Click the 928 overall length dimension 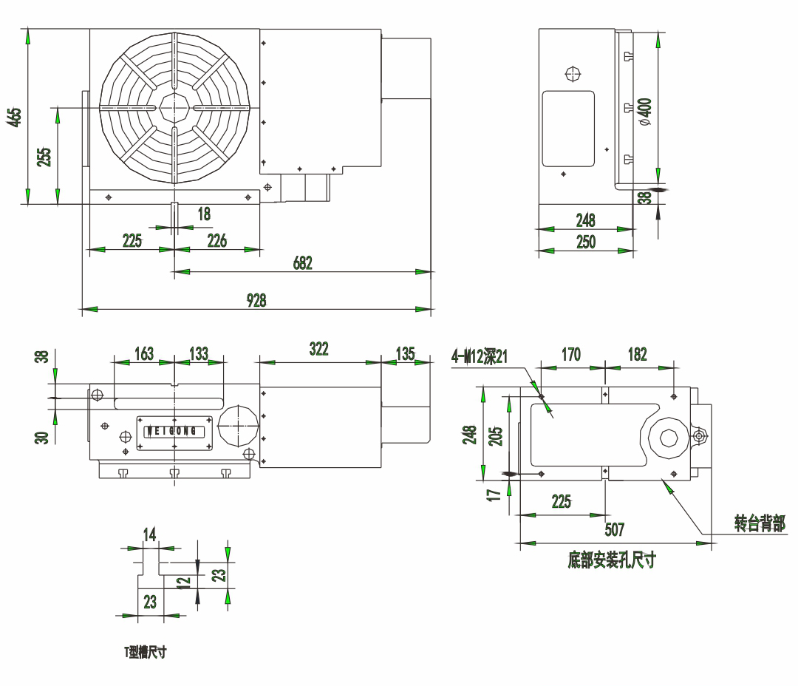coord(256,300)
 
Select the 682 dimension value coord(302,262)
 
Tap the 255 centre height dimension coord(44,157)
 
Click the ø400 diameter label coord(645,112)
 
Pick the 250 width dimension coord(586,242)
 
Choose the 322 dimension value coord(319,349)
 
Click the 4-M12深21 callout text coord(480,356)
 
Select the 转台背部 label coord(760,523)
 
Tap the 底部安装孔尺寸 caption coord(612,560)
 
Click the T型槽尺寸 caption coord(146,652)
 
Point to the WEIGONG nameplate coord(174,432)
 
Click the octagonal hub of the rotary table coord(174,107)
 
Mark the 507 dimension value coord(614,529)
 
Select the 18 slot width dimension coord(204,214)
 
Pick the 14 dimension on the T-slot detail coord(149,534)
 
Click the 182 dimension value coord(637,355)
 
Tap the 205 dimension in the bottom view coord(496,436)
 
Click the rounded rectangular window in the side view coord(568,129)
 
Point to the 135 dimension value coord(406,353)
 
